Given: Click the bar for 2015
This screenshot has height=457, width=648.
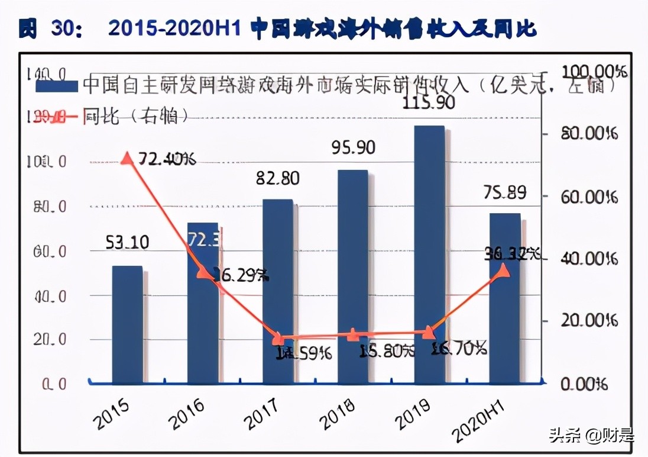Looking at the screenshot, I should (x=128, y=324).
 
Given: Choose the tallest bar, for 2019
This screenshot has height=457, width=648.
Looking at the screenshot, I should (x=429, y=255).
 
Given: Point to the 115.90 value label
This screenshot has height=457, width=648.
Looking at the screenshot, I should (x=429, y=103).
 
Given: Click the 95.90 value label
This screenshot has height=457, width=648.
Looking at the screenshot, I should (x=354, y=147).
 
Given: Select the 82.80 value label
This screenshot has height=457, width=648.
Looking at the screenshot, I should (x=278, y=178).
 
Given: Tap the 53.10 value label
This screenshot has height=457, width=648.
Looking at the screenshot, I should (x=127, y=242).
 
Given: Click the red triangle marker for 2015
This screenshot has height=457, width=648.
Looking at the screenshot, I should (x=127, y=157).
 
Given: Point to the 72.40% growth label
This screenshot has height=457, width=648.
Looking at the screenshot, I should (x=166, y=159).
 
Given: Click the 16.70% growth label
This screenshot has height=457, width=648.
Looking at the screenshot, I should (x=459, y=348).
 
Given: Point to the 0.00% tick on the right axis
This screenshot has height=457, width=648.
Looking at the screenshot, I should (x=584, y=384).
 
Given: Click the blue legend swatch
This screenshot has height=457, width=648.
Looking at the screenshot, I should (x=57, y=86).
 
